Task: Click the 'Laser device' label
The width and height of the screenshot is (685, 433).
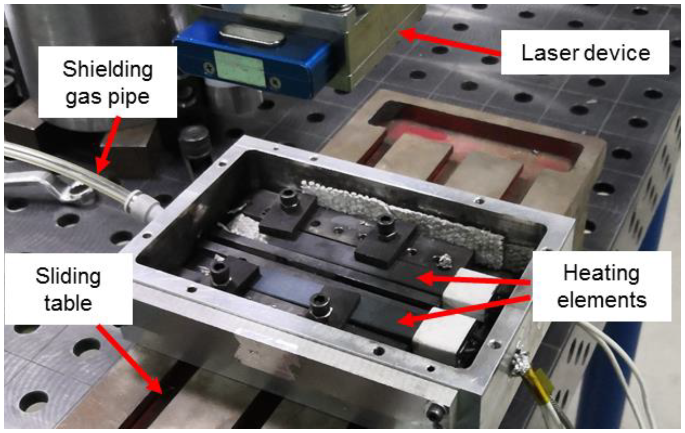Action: (585, 52)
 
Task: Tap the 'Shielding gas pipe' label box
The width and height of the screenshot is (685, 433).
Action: (108, 82)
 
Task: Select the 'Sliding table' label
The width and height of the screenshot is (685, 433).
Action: (68, 289)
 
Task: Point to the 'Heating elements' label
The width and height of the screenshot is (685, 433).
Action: (601, 286)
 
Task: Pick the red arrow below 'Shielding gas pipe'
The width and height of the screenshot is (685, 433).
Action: (108, 145)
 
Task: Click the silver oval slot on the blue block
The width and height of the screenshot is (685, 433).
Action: (252, 34)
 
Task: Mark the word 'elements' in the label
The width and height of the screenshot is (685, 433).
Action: (602, 300)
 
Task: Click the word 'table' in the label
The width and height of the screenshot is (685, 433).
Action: (68, 303)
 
